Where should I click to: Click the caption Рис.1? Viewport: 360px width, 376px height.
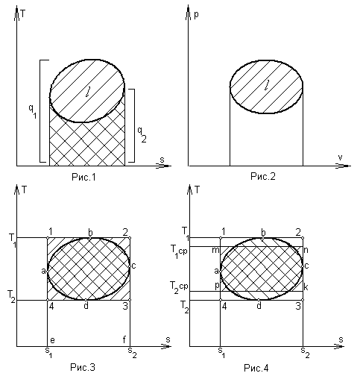(x=83, y=177)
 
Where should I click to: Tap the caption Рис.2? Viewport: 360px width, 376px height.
(x=263, y=176)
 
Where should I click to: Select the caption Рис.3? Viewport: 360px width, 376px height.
(x=83, y=367)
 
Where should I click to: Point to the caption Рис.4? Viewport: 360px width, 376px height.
(x=256, y=368)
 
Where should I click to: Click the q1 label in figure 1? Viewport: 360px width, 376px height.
(x=33, y=111)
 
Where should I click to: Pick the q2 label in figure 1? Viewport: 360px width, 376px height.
(x=142, y=134)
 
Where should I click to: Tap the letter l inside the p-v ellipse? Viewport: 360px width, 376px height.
(x=267, y=85)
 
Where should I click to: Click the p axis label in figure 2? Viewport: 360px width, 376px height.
(x=196, y=15)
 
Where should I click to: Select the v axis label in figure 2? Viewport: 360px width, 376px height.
(x=340, y=157)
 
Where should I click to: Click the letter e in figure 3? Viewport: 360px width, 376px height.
(x=52, y=340)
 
